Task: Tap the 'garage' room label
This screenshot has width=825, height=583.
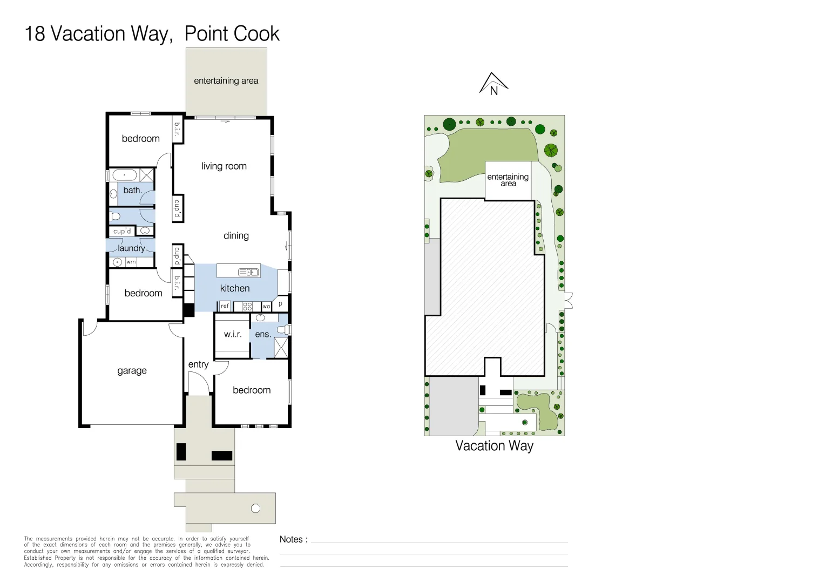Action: pyautogui.click(x=132, y=371)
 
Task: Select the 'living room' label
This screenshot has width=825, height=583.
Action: pyautogui.click(x=224, y=166)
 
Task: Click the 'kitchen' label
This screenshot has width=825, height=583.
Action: pyautogui.click(x=235, y=288)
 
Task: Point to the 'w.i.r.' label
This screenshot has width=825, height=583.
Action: pyautogui.click(x=233, y=334)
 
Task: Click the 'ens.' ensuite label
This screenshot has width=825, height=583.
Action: pyautogui.click(x=263, y=335)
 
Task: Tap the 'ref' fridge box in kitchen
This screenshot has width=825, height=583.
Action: pyautogui.click(x=225, y=306)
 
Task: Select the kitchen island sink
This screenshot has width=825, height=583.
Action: pyautogui.click(x=248, y=272)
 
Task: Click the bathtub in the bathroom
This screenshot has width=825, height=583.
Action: pyautogui.click(x=125, y=175)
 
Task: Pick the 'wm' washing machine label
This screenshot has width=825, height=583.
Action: pyautogui.click(x=131, y=262)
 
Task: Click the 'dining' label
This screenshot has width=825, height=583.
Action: pyautogui.click(x=236, y=235)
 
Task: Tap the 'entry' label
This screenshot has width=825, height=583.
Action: pyautogui.click(x=198, y=364)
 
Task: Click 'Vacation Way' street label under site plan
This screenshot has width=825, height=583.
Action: pyautogui.click(x=494, y=446)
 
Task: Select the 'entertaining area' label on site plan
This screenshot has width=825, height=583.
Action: pyautogui.click(x=508, y=180)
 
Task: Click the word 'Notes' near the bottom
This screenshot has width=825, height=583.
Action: pyautogui.click(x=291, y=539)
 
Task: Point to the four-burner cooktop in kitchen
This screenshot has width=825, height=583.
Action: pyautogui.click(x=247, y=306)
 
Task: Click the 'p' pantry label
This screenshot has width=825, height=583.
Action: pyautogui.click(x=280, y=304)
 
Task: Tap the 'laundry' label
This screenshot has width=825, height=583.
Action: pyautogui.click(x=131, y=248)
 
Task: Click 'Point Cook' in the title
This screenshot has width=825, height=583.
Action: pyautogui.click(x=232, y=34)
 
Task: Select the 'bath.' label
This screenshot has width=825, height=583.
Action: pyautogui.click(x=132, y=190)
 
